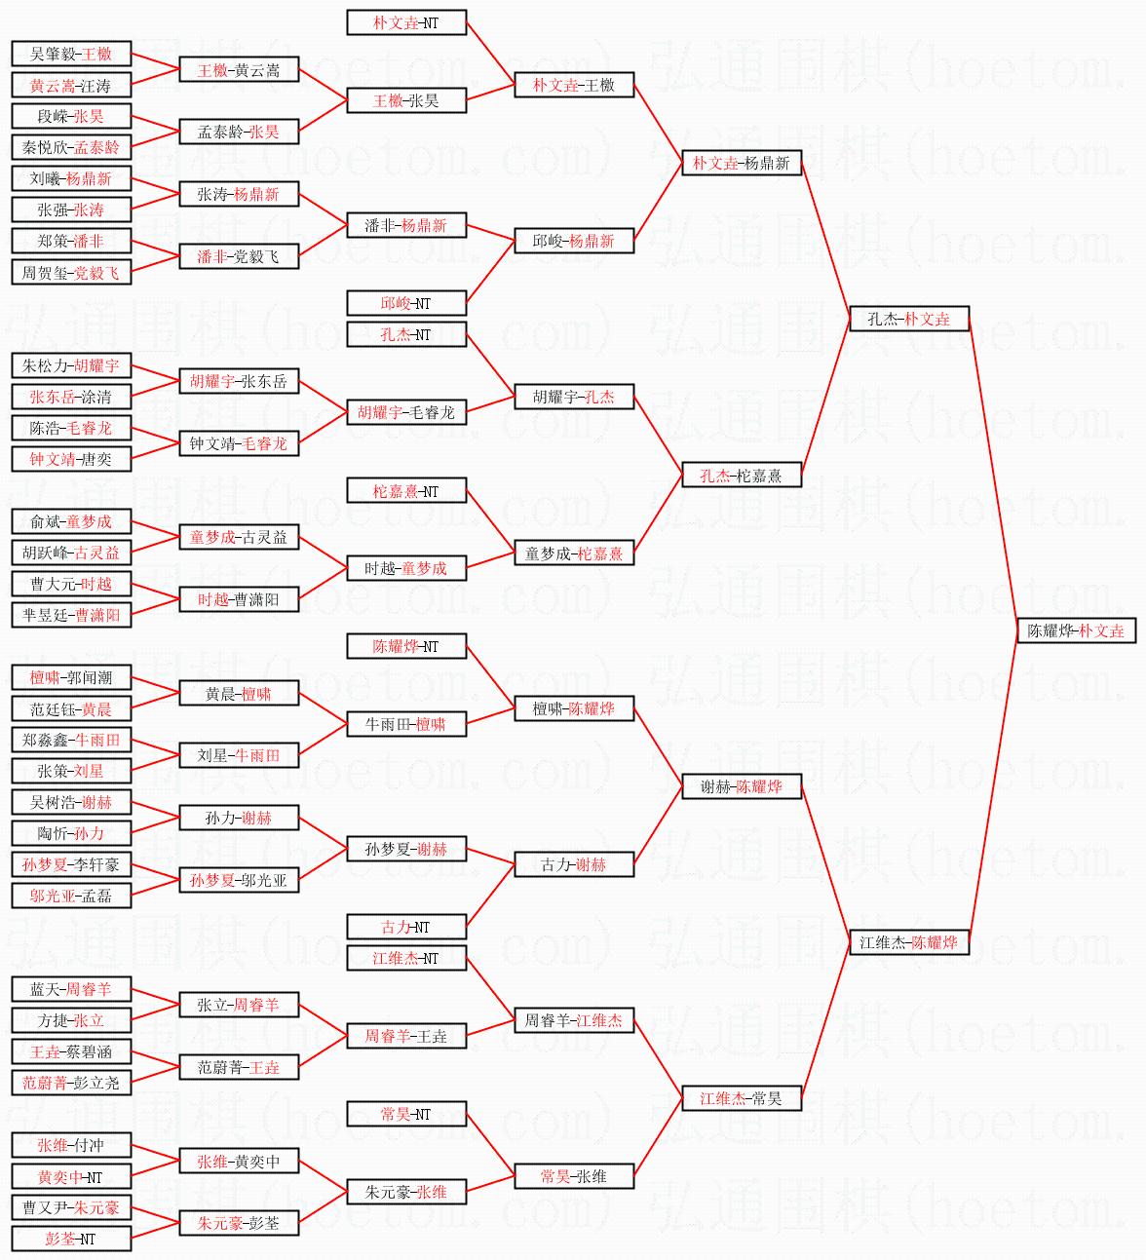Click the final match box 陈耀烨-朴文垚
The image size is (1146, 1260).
coord(1076,630)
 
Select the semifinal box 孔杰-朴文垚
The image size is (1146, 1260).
coord(909,319)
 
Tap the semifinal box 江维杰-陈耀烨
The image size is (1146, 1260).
coord(909,942)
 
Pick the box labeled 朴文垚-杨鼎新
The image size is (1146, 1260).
coord(742,163)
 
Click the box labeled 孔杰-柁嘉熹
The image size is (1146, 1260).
coord(742,475)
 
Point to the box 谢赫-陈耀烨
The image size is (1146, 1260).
coord(742,786)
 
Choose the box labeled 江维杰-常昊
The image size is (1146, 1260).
coord(742,1098)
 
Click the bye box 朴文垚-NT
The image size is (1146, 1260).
coord(406,22)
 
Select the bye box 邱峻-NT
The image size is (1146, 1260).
coord(406,303)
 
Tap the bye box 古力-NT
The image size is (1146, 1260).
coord(406,927)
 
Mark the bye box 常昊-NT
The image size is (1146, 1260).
coord(406,1114)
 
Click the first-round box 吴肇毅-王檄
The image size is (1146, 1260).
coord(71,54)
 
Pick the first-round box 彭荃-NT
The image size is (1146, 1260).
coord(71,1239)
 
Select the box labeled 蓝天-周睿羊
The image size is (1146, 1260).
coord(71,989)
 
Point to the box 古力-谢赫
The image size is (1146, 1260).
coord(574,864)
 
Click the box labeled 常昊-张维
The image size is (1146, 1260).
coord(574,1176)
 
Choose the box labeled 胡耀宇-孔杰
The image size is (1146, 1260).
coord(574,397)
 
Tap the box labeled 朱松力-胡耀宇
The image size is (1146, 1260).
coord(71,365)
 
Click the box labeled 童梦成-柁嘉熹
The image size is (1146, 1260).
coord(574,553)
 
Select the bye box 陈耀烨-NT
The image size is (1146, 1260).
coord(406,646)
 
